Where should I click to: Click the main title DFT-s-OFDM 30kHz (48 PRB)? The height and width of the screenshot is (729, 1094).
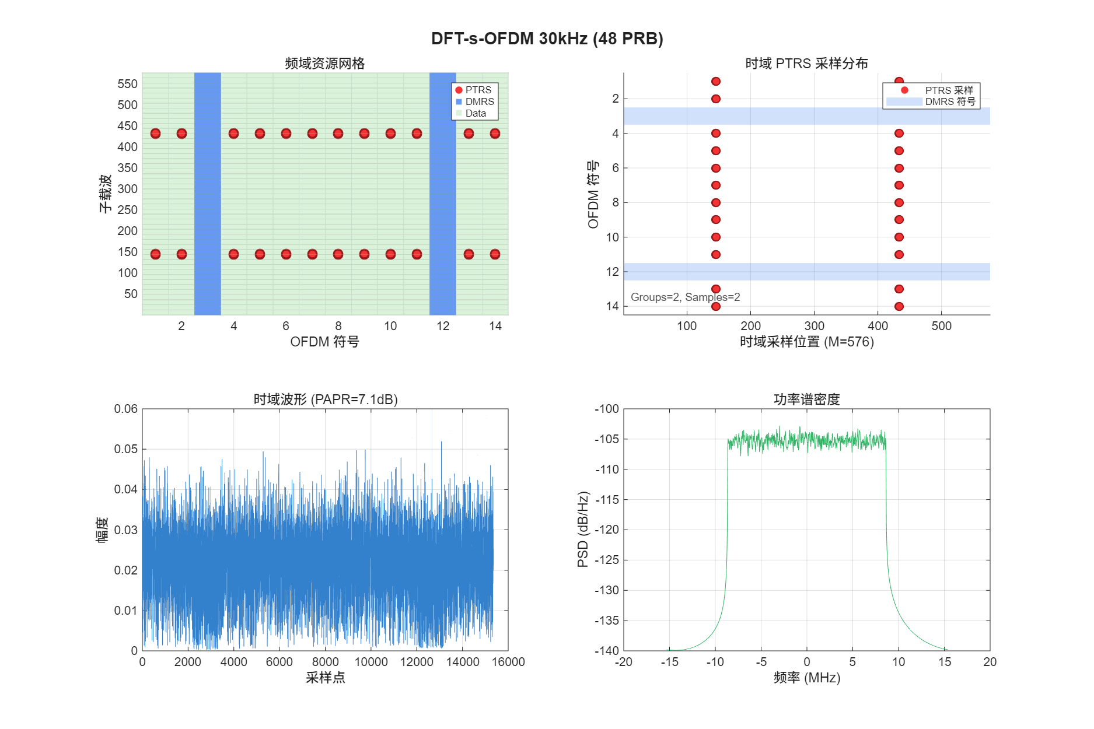pos(547,38)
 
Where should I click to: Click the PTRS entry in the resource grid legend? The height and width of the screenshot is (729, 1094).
pos(478,90)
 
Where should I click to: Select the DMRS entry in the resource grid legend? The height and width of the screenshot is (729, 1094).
pos(479,101)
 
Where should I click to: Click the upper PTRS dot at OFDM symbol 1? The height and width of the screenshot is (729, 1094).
pos(155,134)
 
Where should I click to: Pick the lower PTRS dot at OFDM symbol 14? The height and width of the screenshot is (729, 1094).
pos(495,254)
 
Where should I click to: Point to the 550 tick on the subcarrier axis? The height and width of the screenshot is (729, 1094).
pos(127,84)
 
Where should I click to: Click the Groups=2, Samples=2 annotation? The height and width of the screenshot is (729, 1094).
pos(685,297)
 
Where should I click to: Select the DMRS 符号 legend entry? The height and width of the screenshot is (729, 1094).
pos(950,101)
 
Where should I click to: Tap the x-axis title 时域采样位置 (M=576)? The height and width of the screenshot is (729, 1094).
pos(806,342)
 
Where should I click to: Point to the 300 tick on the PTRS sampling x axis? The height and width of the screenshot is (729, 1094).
pos(814,326)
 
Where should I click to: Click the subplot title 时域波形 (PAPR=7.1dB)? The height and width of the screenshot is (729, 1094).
pos(325,399)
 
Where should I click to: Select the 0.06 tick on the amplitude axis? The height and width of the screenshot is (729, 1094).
pos(125,409)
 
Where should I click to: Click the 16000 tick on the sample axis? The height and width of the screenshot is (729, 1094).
pos(508,662)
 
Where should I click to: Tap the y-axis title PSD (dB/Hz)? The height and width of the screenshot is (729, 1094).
pos(582,530)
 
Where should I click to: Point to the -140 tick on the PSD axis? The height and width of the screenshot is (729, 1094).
pos(606,651)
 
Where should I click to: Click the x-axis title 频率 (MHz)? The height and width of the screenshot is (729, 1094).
pos(806,678)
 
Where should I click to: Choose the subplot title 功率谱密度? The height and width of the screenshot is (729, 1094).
pos(806,399)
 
